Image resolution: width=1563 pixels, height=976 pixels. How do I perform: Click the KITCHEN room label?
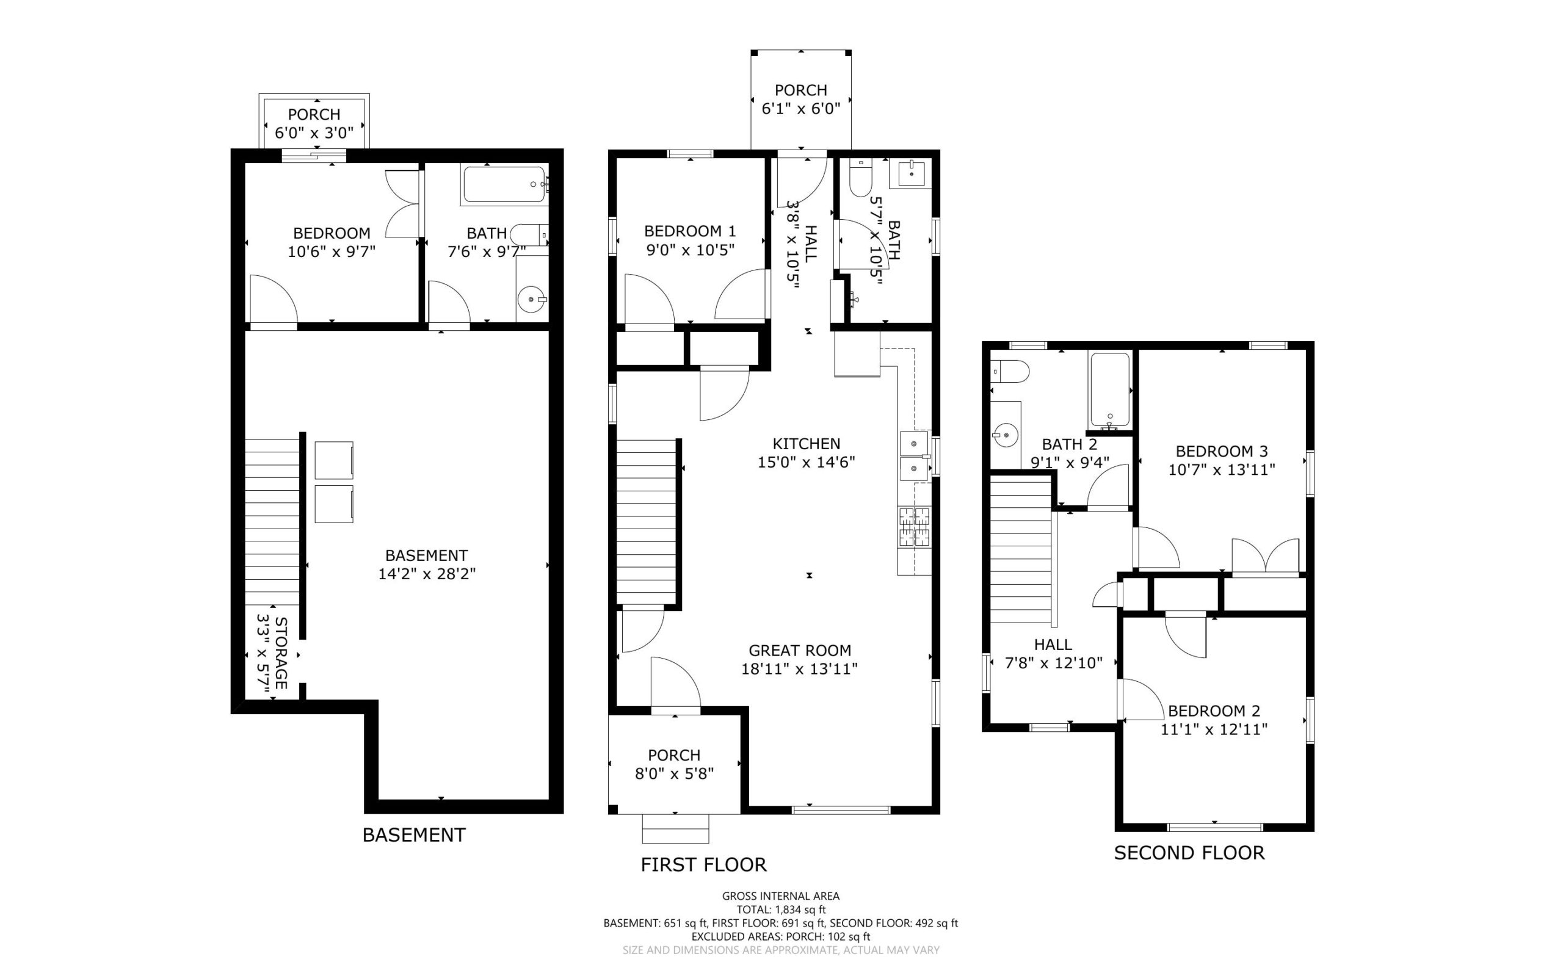(807, 444)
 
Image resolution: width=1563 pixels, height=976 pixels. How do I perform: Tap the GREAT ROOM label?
(800, 651)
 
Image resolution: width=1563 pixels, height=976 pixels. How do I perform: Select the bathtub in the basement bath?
(504, 184)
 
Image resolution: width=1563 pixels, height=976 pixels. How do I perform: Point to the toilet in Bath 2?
(1010, 372)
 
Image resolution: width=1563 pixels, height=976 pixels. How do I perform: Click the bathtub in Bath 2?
(1110, 391)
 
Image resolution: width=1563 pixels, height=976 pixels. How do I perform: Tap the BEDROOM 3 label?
(1222, 451)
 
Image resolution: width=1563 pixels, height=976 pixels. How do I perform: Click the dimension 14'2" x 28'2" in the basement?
(427, 574)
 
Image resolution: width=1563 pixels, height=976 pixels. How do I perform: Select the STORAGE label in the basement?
(281, 652)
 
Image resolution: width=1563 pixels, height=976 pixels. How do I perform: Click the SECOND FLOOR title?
(1189, 853)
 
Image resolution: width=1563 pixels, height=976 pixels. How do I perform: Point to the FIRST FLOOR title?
(704, 864)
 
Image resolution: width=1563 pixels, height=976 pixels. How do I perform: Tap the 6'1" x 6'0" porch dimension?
(801, 109)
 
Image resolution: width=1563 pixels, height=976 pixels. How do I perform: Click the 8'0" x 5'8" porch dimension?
(675, 773)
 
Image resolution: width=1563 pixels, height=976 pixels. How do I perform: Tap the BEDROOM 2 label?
(1214, 710)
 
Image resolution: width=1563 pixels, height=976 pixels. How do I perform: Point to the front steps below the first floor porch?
(675, 828)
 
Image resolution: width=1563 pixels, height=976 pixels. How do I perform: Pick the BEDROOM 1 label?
(690, 231)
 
